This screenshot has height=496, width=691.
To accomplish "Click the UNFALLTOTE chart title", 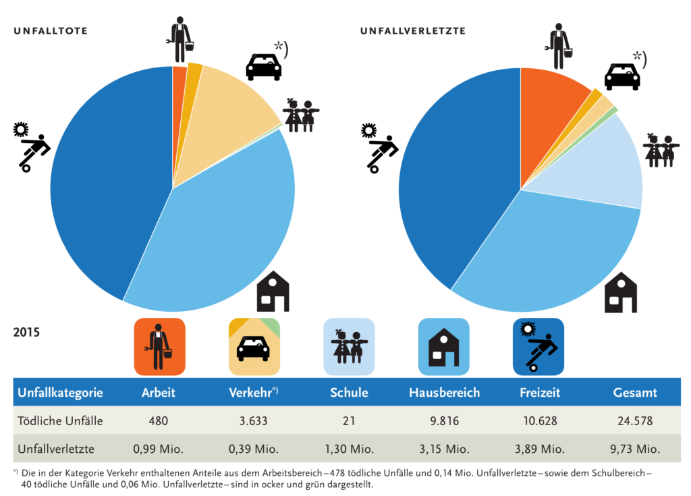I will point(51,31).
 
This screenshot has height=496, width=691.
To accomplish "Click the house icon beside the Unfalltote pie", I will point(273,292).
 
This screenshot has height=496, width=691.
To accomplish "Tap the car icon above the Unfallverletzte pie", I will point(621,76).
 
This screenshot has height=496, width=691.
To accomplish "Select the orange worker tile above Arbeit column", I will point(159,347).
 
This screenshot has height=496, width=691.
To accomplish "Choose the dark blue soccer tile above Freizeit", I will point(538,347).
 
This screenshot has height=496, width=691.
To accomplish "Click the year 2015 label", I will point(26,333).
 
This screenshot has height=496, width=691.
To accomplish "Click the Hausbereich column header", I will point(444,392).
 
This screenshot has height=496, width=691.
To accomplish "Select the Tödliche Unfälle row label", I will point(60,420).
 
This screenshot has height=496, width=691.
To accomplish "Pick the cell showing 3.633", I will point(254,421).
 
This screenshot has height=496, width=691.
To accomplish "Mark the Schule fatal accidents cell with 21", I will point(349,421).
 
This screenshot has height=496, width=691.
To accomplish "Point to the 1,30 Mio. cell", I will point(349,449).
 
